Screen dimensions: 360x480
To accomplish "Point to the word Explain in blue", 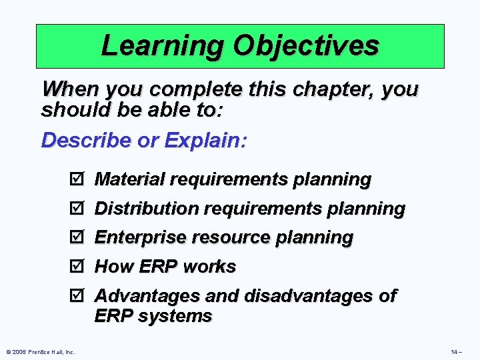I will [205, 140].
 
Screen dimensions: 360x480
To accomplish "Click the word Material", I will [129, 179].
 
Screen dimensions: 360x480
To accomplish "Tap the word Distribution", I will [147, 209].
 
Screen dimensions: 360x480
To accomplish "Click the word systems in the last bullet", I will [175, 315].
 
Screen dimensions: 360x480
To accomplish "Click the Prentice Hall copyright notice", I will [41, 352].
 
